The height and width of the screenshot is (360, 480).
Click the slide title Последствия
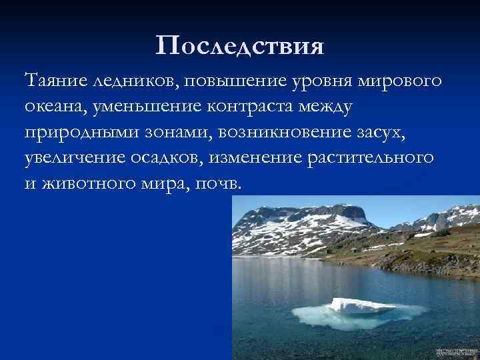click(239, 46)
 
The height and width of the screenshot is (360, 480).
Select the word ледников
click(129, 81)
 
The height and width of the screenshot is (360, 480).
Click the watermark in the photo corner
click(456, 351)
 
